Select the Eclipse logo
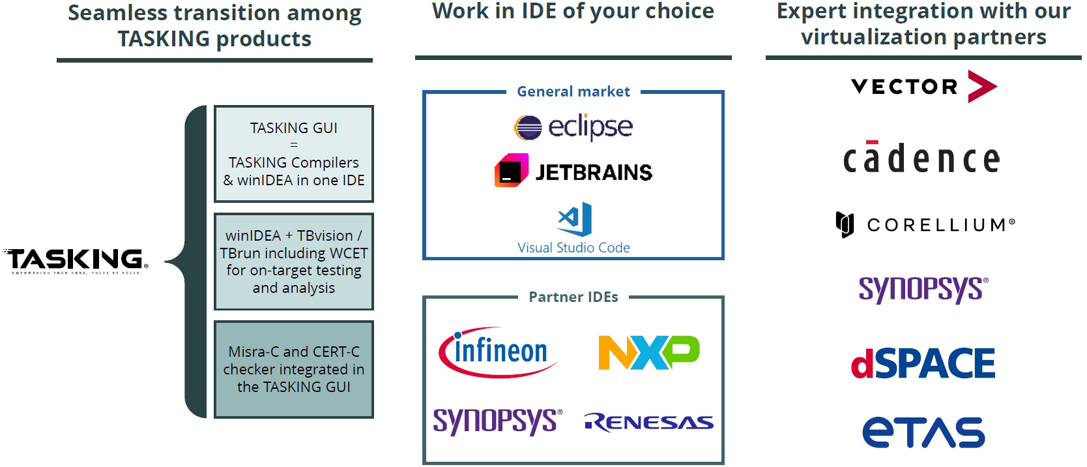[x=573, y=127]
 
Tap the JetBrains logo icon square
[x=511, y=171]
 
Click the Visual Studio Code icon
[x=575, y=219]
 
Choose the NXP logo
[x=648, y=352]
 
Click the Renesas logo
[x=649, y=423]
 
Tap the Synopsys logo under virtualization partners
[x=923, y=289]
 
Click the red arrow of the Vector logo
[x=982, y=86]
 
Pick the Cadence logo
[x=921, y=159]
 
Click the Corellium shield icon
[x=845, y=225]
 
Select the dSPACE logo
[x=923, y=363]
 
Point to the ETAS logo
[x=923, y=432]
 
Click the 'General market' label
[x=573, y=91]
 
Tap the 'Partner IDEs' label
[x=573, y=297]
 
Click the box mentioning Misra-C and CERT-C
[x=294, y=369]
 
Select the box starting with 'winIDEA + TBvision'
[x=294, y=262]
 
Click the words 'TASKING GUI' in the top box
[x=294, y=128]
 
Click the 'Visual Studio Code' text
[x=573, y=248]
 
